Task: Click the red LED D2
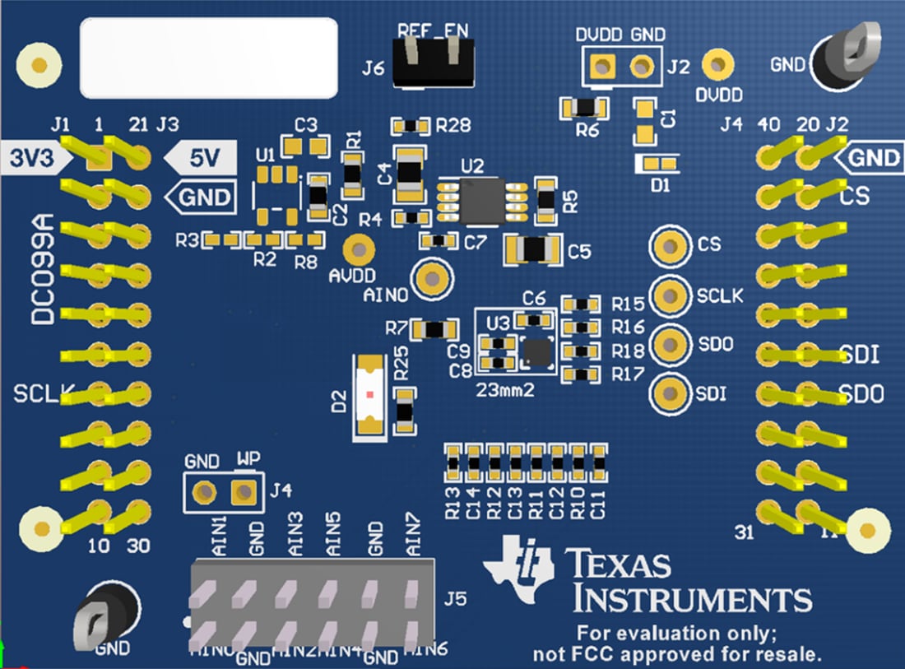tap(369, 396)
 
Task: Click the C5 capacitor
tap(534, 248)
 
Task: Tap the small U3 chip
tap(537, 351)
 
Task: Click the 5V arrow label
tap(202, 157)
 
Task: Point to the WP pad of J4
tap(243, 493)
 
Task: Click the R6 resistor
tap(583, 107)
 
